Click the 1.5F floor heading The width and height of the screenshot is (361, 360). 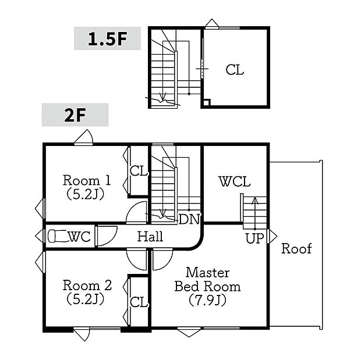tap(108, 39)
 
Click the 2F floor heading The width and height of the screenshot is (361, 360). tap(75, 115)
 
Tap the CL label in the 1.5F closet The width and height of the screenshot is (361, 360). tap(235, 70)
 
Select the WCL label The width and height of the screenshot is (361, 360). tap(235, 181)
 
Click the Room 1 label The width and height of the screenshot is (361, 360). tap(87, 180)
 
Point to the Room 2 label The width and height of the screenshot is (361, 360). tap(87, 285)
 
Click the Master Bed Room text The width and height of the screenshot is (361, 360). tap(207, 280)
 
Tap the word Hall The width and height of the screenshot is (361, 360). tap(150, 237)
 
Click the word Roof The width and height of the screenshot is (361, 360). tap(296, 248)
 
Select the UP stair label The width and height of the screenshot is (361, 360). tap(254, 238)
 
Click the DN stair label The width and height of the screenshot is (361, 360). tap(189, 219)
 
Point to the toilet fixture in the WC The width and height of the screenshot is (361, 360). tap(58, 236)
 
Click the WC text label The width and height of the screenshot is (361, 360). tap(79, 237)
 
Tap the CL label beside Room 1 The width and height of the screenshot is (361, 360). tap(139, 171)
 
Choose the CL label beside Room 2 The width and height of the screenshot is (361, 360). tap(139, 302)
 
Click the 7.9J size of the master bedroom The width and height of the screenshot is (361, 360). tap(207, 300)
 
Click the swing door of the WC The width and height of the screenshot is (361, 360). tap(107, 236)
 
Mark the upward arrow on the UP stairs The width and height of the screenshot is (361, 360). tap(255, 213)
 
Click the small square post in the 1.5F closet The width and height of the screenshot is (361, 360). tap(206, 102)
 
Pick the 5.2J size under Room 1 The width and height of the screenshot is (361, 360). tap(86, 194)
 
